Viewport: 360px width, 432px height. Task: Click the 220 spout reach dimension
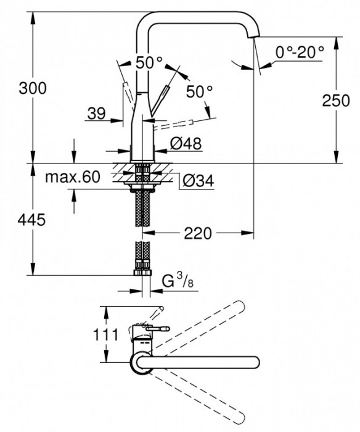click(198, 233)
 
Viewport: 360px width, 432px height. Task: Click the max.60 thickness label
click(72, 177)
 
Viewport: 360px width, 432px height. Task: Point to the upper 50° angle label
click(149, 62)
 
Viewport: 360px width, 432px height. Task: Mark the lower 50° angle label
click(199, 91)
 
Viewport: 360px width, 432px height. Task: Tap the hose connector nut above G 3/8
click(142, 270)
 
